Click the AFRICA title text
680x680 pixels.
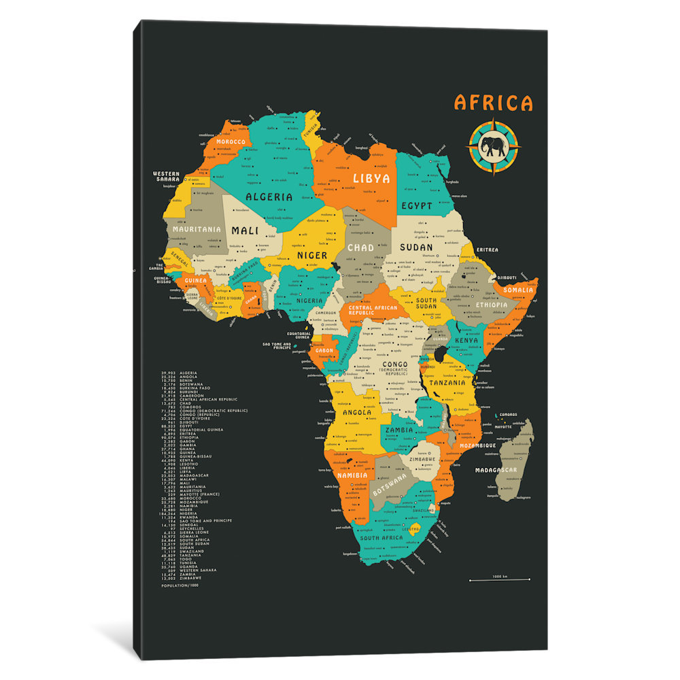[x=494, y=103]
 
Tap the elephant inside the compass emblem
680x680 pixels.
[x=493, y=146]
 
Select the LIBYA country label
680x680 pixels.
[x=371, y=178]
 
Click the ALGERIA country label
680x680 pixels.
[x=269, y=197]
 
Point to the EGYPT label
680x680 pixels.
[x=416, y=205]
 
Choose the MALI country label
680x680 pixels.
[x=245, y=231]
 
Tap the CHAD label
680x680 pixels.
[x=360, y=248]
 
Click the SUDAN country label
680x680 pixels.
[x=415, y=247]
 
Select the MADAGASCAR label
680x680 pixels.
[x=496, y=471]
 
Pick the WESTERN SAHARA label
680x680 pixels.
[x=166, y=176]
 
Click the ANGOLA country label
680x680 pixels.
[x=356, y=413]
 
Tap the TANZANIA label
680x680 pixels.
[x=446, y=382]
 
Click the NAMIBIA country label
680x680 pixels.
[x=352, y=475]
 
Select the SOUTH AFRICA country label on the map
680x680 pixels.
[x=382, y=537]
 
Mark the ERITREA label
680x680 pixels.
[x=487, y=250]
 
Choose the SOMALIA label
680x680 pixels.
[x=519, y=290]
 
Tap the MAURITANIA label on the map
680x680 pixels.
[x=197, y=229]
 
